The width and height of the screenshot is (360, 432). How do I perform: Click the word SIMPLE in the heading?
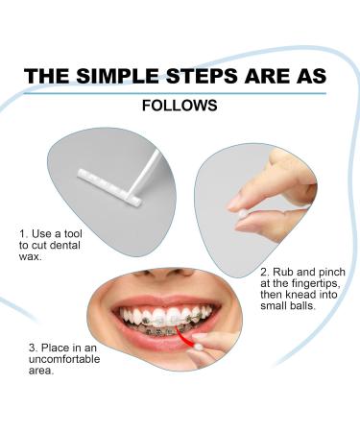(117, 77)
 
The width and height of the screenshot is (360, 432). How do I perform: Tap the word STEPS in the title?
(203, 77)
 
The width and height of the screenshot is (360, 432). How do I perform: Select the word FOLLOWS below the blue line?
(180, 106)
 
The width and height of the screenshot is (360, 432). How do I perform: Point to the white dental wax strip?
(109, 186)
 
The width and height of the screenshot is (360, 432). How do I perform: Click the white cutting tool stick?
(146, 173)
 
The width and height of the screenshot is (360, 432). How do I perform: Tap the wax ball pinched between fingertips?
(242, 215)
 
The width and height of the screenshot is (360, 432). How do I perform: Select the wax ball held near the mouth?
(200, 348)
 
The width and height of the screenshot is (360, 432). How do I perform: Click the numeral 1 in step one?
(22, 234)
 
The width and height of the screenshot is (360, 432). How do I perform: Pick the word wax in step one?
(29, 256)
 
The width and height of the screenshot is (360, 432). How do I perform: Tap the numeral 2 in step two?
(264, 273)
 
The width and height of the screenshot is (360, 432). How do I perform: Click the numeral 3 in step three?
(32, 348)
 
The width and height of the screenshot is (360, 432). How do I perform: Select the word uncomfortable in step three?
(64, 359)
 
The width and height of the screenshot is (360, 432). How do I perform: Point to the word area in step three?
(39, 371)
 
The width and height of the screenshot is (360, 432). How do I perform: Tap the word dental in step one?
(65, 246)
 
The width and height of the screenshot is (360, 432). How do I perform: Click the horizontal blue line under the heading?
(175, 94)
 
